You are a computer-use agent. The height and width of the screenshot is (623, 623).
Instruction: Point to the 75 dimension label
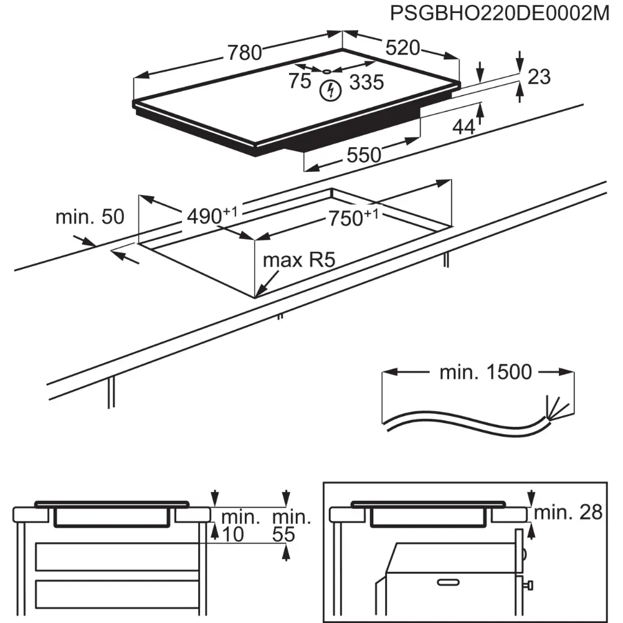coord(299,81)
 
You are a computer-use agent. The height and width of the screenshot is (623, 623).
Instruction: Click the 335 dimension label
coord(366,82)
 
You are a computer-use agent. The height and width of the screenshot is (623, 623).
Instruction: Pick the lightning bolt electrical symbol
coord(331,91)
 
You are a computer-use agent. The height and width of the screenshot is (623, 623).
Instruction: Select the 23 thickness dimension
coord(539,77)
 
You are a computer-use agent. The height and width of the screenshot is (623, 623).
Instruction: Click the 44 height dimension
coord(464,127)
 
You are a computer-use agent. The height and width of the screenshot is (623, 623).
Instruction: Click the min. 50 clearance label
coord(90,217)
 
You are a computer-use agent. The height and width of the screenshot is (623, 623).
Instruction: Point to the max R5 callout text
coord(299,260)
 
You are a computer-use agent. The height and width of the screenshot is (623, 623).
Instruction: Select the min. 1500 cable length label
coord(486,373)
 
